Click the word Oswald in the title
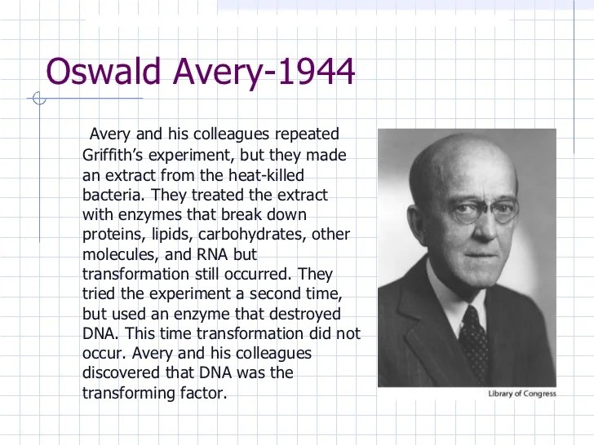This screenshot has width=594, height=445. (x=103, y=71)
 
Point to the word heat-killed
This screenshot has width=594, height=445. (x=266, y=175)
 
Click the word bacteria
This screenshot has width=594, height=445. (x=113, y=195)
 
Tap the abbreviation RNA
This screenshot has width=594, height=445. (x=212, y=254)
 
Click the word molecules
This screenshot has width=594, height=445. (x=121, y=254)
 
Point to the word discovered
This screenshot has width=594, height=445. (x=121, y=372)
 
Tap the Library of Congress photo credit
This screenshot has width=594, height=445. (x=522, y=394)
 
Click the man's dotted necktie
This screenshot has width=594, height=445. (x=474, y=342)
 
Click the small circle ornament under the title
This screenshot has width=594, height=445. (x=39, y=98)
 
